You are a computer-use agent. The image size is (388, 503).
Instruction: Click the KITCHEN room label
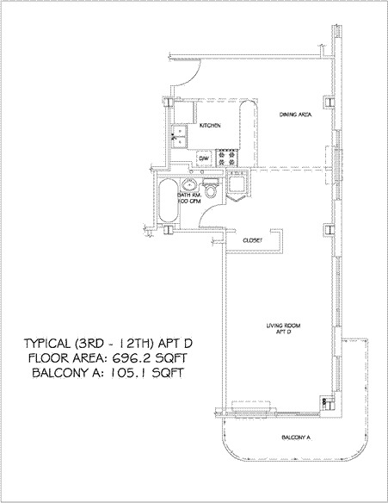click(211, 126)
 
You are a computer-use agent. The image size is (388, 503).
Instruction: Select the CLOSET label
click(252, 240)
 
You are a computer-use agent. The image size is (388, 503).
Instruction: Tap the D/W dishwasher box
click(205, 158)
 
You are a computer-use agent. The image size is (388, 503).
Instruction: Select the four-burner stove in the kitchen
click(228, 158)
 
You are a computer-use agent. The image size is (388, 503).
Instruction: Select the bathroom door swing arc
click(208, 217)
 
